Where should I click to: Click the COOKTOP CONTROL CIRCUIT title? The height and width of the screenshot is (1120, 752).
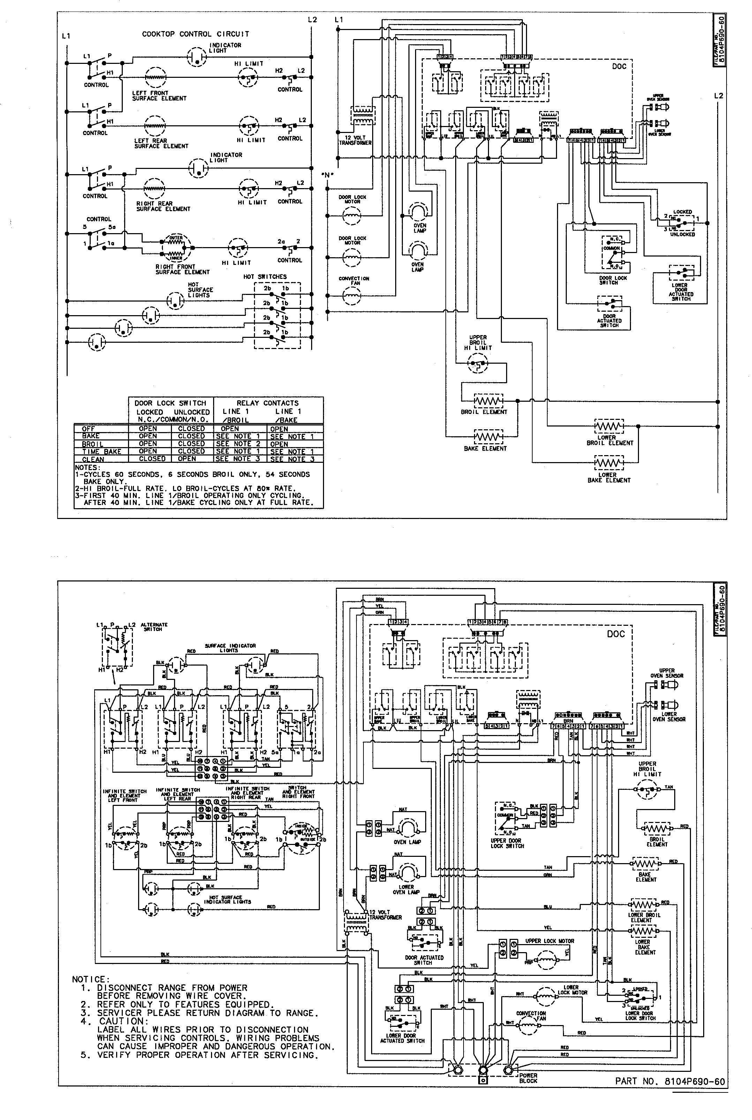[195, 34]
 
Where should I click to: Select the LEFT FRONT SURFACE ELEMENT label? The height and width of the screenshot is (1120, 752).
[159, 96]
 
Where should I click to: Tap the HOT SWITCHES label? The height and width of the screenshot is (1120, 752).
[265, 277]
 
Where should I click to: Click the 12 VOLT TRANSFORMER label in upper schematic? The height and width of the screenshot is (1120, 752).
[355, 140]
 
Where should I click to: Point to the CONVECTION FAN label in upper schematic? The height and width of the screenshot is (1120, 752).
[354, 281]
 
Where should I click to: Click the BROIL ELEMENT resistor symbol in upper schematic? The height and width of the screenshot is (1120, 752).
[488, 400]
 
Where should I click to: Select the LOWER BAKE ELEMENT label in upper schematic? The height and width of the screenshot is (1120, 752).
[609, 477]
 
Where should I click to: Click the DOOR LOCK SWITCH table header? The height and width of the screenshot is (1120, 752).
[170, 403]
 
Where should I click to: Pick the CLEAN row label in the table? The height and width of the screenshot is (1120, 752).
[93, 459]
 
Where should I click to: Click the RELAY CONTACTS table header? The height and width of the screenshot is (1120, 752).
[267, 403]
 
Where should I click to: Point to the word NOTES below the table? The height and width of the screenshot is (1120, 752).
[87, 467]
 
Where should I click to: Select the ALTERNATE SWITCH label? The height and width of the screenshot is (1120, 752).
[154, 627]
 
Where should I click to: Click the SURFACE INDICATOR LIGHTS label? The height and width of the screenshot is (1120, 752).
[230, 648]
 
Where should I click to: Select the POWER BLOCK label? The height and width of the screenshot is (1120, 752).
[528, 1078]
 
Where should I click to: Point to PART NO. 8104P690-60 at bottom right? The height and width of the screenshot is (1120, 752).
[670, 1081]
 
